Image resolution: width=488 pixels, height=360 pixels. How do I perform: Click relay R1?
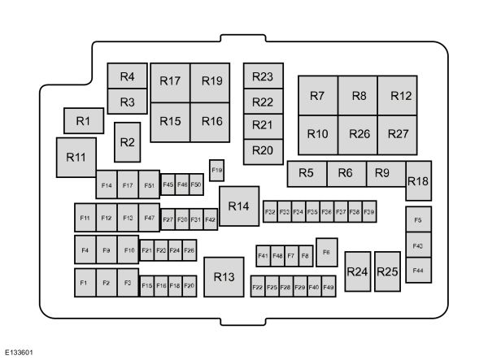coord(83,120)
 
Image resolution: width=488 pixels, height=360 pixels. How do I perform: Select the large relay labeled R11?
coord(76,157)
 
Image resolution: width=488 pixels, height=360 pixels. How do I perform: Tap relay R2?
coord(127,142)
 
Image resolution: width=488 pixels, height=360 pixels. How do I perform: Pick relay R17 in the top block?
coord(170,81)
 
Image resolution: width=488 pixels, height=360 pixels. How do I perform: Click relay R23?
coord(262,77)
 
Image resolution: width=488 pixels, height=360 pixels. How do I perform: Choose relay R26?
coord(359,134)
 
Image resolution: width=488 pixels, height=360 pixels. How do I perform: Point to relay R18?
coord(418,180)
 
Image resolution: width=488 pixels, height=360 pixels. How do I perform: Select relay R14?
coord(238,206)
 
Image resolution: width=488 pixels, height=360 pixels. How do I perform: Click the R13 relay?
coord(224,277)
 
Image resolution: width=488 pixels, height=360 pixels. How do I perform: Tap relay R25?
coord(388,272)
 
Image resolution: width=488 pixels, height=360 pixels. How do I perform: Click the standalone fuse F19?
coord(216,170)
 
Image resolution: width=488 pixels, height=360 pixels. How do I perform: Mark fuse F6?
coord(327,252)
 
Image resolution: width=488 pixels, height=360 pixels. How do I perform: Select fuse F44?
coord(418,270)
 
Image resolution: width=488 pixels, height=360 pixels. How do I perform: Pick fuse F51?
coord(150,185)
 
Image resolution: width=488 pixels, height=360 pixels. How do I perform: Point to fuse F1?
coord(84,282)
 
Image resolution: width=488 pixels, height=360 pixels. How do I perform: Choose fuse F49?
coord(328,287)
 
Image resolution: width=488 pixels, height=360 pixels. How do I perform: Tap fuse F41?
coord(263,256)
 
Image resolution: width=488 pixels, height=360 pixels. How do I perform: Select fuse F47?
coord(149,218)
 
